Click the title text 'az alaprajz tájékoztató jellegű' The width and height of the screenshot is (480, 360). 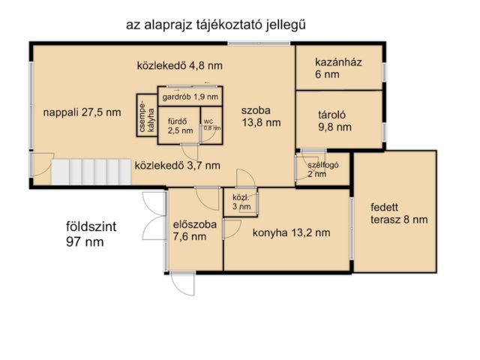[x=216, y=25]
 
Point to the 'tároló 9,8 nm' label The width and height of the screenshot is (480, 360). [x=334, y=121]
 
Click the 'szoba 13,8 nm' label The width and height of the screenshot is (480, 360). [x=261, y=116]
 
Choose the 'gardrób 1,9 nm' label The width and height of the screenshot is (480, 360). [x=190, y=97]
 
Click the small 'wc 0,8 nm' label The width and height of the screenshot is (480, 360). [x=211, y=124]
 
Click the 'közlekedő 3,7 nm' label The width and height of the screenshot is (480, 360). [x=177, y=165]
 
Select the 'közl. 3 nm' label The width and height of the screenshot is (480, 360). [x=241, y=201]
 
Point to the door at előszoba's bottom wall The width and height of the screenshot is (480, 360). [x=182, y=283]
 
